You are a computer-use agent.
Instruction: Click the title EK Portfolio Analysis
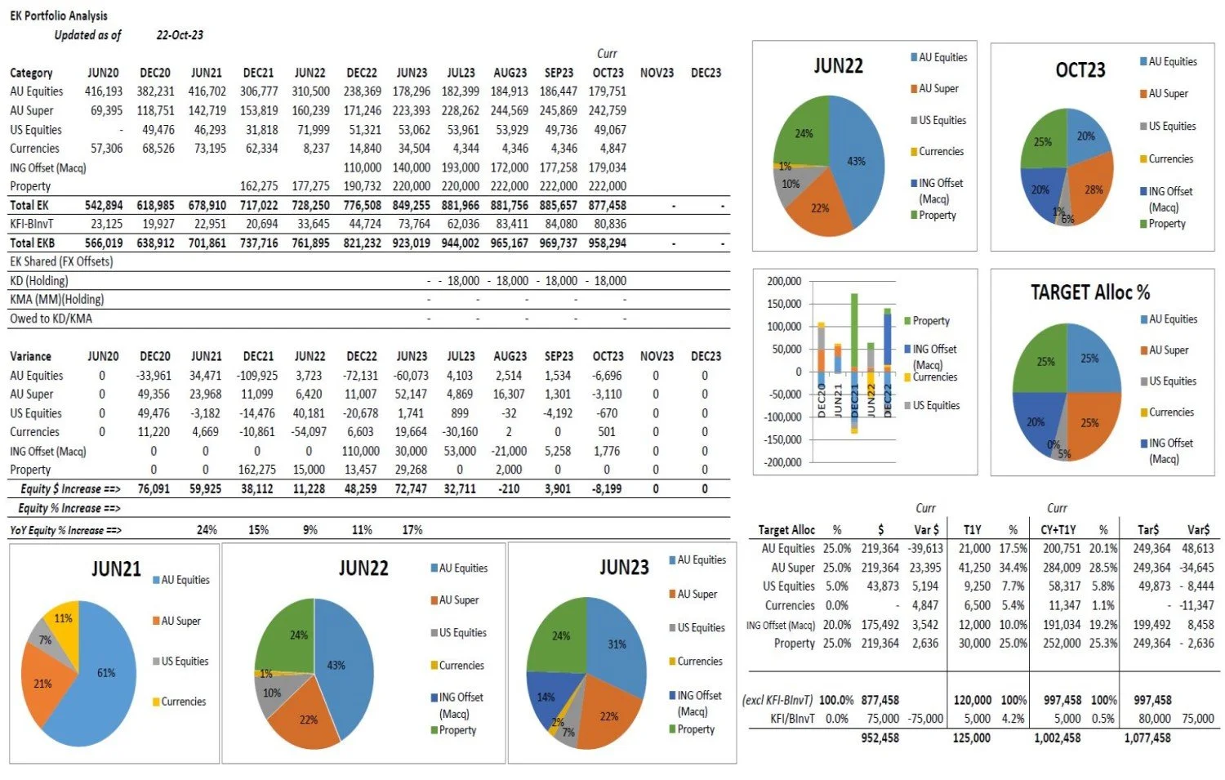pos(58,16)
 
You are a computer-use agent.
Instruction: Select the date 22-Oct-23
pos(180,35)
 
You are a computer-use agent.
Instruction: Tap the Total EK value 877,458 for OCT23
pos(607,206)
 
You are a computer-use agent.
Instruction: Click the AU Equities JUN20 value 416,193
pos(104,91)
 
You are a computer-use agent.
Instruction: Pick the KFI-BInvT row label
pos(32,224)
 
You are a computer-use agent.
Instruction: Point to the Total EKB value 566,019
pos(104,243)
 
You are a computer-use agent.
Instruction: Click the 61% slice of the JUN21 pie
pos(102,678)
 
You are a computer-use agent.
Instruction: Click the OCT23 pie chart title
pos(1080,69)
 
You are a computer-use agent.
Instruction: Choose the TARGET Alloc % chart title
pos(1089,292)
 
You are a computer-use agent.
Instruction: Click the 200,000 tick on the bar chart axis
pos(784,281)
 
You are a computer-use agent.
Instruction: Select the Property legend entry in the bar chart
pos(930,321)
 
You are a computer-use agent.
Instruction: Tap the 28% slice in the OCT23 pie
pos(1093,189)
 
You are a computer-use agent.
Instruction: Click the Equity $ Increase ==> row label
pos(70,489)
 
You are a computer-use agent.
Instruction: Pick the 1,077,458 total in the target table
pos(1147,738)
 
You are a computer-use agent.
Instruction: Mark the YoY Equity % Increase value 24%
pos(207,530)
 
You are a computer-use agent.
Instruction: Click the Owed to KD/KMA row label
pos(51,319)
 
